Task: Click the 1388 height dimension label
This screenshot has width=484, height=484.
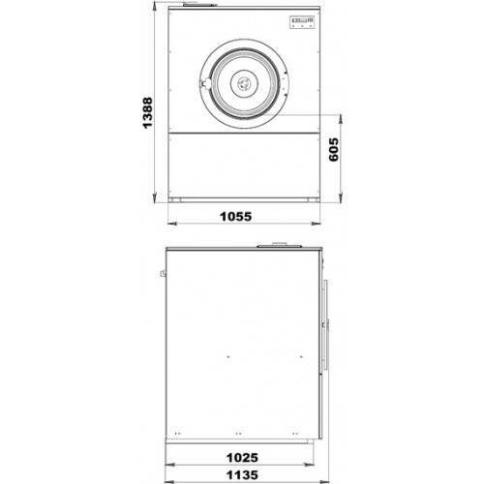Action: click(148, 112)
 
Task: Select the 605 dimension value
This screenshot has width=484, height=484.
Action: click(334, 149)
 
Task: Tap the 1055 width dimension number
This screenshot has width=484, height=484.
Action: click(235, 217)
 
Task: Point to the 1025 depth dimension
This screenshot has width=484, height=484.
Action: click(242, 458)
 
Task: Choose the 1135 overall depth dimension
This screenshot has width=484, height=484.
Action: click(242, 475)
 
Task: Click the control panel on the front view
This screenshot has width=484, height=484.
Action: click(302, 22)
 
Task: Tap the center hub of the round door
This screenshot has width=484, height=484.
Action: click(244, 83)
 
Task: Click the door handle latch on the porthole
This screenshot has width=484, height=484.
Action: click(204, 83)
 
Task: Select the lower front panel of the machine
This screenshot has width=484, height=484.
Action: click(244, 165)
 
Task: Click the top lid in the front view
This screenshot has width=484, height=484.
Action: click(198, 4)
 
